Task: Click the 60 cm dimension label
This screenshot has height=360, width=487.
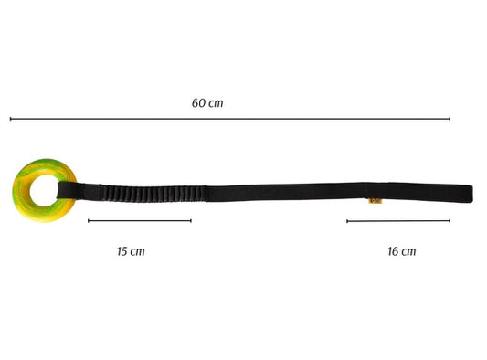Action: pos(207,103)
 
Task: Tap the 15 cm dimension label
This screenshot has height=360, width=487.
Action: pos(131,251)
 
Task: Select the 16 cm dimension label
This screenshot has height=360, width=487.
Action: pos(402,251)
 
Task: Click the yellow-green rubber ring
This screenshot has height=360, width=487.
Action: pos(22,202)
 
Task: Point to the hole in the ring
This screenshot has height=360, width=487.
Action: pos(44,190)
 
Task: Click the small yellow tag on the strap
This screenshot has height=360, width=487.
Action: pos(375,201)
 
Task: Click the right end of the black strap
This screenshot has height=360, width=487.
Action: pos(471,193)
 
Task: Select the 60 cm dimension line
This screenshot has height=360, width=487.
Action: pos(230,119)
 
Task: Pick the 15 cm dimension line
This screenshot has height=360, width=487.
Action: pos(140,221)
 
